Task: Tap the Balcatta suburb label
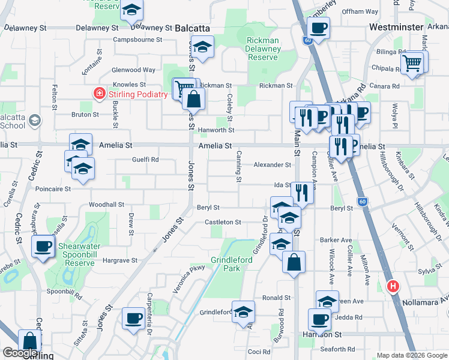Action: (x=193, y=28)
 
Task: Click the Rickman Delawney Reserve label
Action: (x=262, y=49)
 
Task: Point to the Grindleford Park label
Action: (x=226, y=264)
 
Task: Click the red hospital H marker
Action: (x=394, y=287)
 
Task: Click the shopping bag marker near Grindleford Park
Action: (x=294, y=262)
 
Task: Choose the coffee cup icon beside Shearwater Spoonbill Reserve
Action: (x=44, y=246)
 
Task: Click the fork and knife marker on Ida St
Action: (x=301, y=193)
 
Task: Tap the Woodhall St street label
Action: (x=109, y=205)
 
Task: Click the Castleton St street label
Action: (x=223, y=222)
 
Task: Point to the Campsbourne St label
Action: (x=139, y=40)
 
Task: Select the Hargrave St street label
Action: (x=120, y=260)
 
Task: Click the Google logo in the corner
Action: (x=20, y=353)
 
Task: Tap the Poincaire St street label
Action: (x=53, y=188)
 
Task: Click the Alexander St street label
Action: (x=272, y=164)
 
